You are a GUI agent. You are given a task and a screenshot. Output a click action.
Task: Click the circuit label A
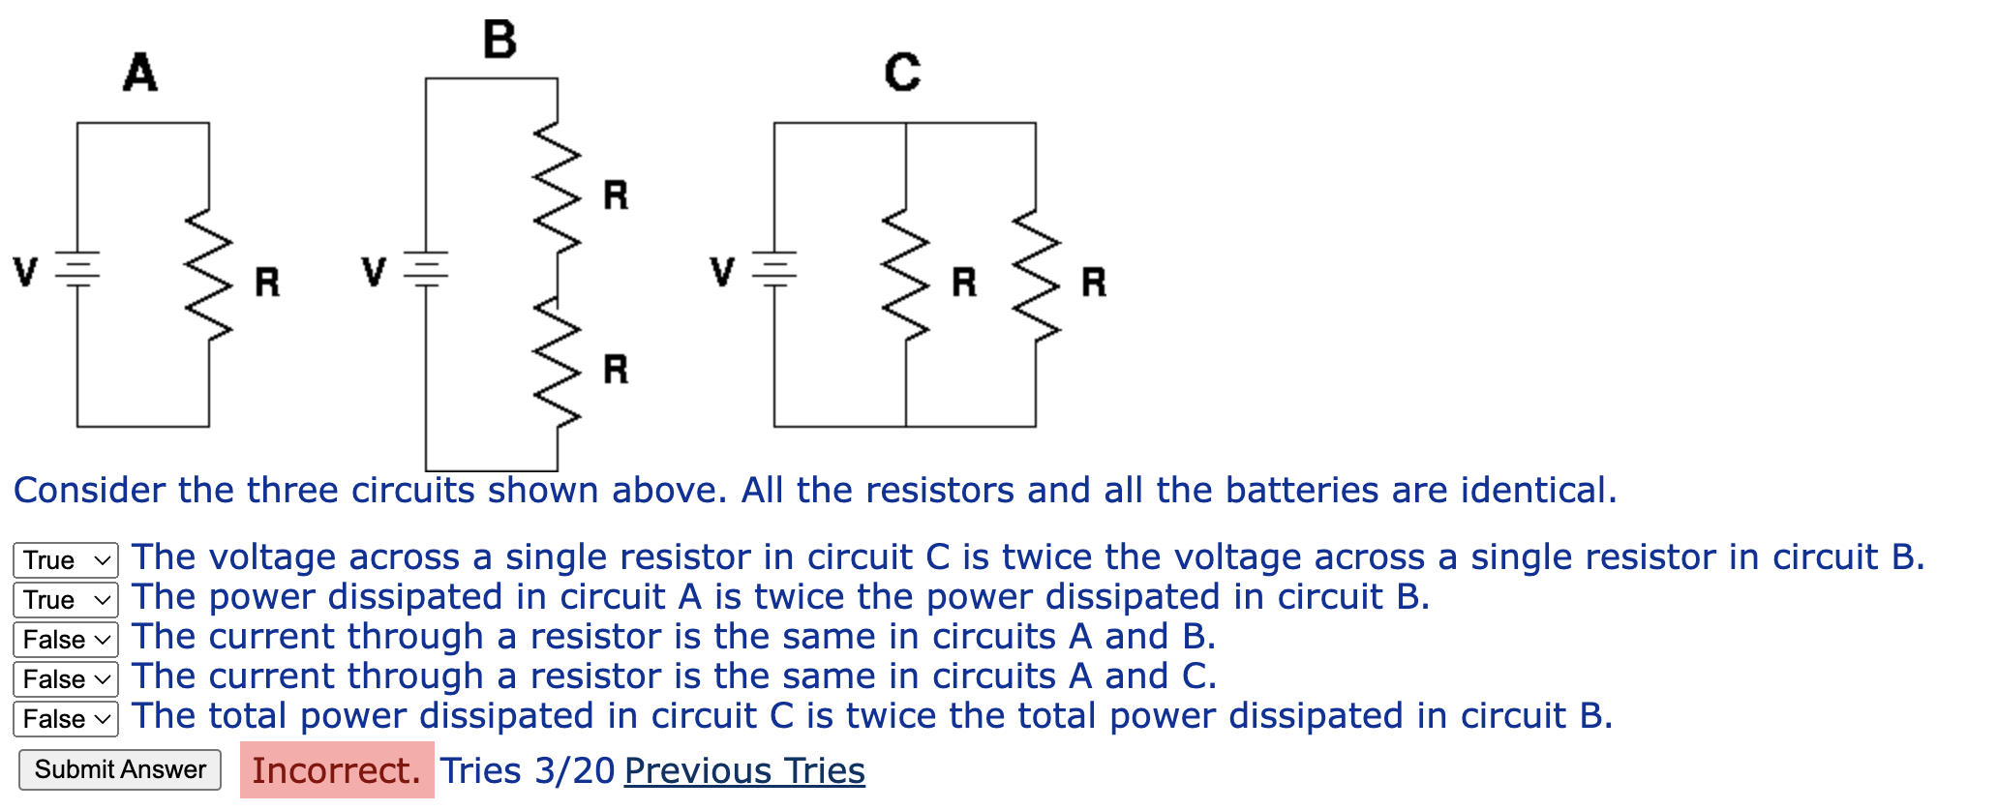click(x=140, y=73)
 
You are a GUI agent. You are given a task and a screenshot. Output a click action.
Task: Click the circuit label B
click(x=499, y=40)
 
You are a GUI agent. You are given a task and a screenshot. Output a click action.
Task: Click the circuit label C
click(x=902, y=73)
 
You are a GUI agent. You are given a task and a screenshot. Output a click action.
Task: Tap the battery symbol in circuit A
click(x=77, y=269)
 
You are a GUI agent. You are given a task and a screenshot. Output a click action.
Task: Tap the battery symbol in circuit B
click(x=426, y=269)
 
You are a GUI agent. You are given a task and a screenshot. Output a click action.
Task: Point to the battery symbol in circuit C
click(x=774, y=269)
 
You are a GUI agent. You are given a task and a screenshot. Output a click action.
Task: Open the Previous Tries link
click(x=744, y=770)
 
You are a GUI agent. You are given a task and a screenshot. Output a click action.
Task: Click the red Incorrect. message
click(x=337, y=770)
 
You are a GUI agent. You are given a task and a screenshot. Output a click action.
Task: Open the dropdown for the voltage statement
click(x=66, y=560)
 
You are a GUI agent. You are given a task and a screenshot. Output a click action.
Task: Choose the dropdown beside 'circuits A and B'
click(x=66, y=640)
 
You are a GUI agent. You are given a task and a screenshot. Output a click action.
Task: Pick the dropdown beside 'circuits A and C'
click(x=66, y=679)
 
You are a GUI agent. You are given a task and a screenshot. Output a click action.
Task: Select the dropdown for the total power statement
click(x=66, y=719)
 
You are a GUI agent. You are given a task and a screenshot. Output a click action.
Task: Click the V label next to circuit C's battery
click(x=722, y=271)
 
